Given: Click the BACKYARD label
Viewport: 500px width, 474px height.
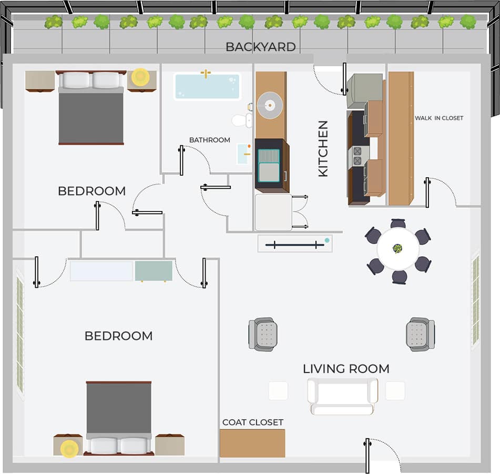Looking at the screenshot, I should tap(260, 47).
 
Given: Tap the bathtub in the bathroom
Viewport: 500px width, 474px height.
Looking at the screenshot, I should tap(207, 86).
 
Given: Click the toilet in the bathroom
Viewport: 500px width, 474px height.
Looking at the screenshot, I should tap(242, 120).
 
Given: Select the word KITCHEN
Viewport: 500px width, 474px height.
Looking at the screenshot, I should tap(323, 148).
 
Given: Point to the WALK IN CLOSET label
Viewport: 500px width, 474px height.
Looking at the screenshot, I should tap(439, 118).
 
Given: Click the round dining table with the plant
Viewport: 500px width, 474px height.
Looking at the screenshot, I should tap(398, 248).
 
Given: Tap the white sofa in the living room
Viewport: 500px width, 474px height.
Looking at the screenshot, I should tap(342, 395).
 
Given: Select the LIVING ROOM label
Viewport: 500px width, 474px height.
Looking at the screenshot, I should tap(346, 369).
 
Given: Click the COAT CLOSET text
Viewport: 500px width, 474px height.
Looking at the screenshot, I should tap(252, 422).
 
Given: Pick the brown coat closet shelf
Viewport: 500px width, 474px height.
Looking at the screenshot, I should tap(252, 443).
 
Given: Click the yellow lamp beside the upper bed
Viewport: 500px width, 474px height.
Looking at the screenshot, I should tap(140, 77).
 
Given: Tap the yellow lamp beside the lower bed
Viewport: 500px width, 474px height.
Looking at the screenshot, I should tap(69, 449).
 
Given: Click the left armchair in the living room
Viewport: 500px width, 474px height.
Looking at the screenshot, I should tap(263, 334).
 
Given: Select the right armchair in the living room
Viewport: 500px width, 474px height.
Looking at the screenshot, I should tap(420, 334).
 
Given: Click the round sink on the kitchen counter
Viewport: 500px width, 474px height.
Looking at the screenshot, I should tap(270, 105).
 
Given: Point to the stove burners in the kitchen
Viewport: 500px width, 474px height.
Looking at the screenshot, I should tap(357, 156).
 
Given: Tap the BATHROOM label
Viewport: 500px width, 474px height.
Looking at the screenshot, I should tap(209, 140).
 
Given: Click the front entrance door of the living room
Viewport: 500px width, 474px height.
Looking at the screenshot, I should tap(368, 456).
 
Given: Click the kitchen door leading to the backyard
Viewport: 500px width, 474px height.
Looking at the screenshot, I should tap(344, 79).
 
